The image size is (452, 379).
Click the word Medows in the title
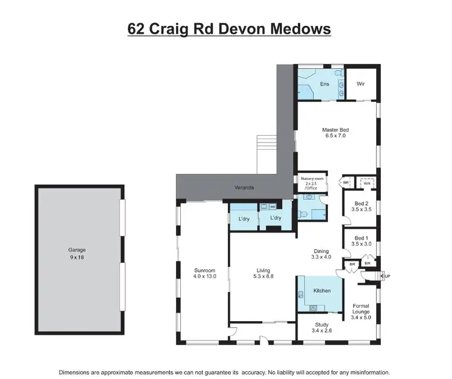[x=301, y=28]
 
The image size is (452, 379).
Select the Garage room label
[x=77, y=250]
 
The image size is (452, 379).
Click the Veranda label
[x=244, y=188]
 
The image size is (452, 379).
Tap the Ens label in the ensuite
[x=324, y=84]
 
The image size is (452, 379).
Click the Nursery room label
[x=310, y=179]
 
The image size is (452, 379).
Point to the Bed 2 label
[x=360, y=203]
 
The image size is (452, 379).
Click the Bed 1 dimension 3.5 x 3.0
[x=360, y=244]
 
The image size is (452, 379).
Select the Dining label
[x=322, y=251]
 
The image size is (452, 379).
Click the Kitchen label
[x=322, y=291]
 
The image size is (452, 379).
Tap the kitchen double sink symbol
[x=313, y=308]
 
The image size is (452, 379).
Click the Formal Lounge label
[x=365, y=309]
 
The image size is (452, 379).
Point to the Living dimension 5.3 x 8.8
[x=262, y=276]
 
